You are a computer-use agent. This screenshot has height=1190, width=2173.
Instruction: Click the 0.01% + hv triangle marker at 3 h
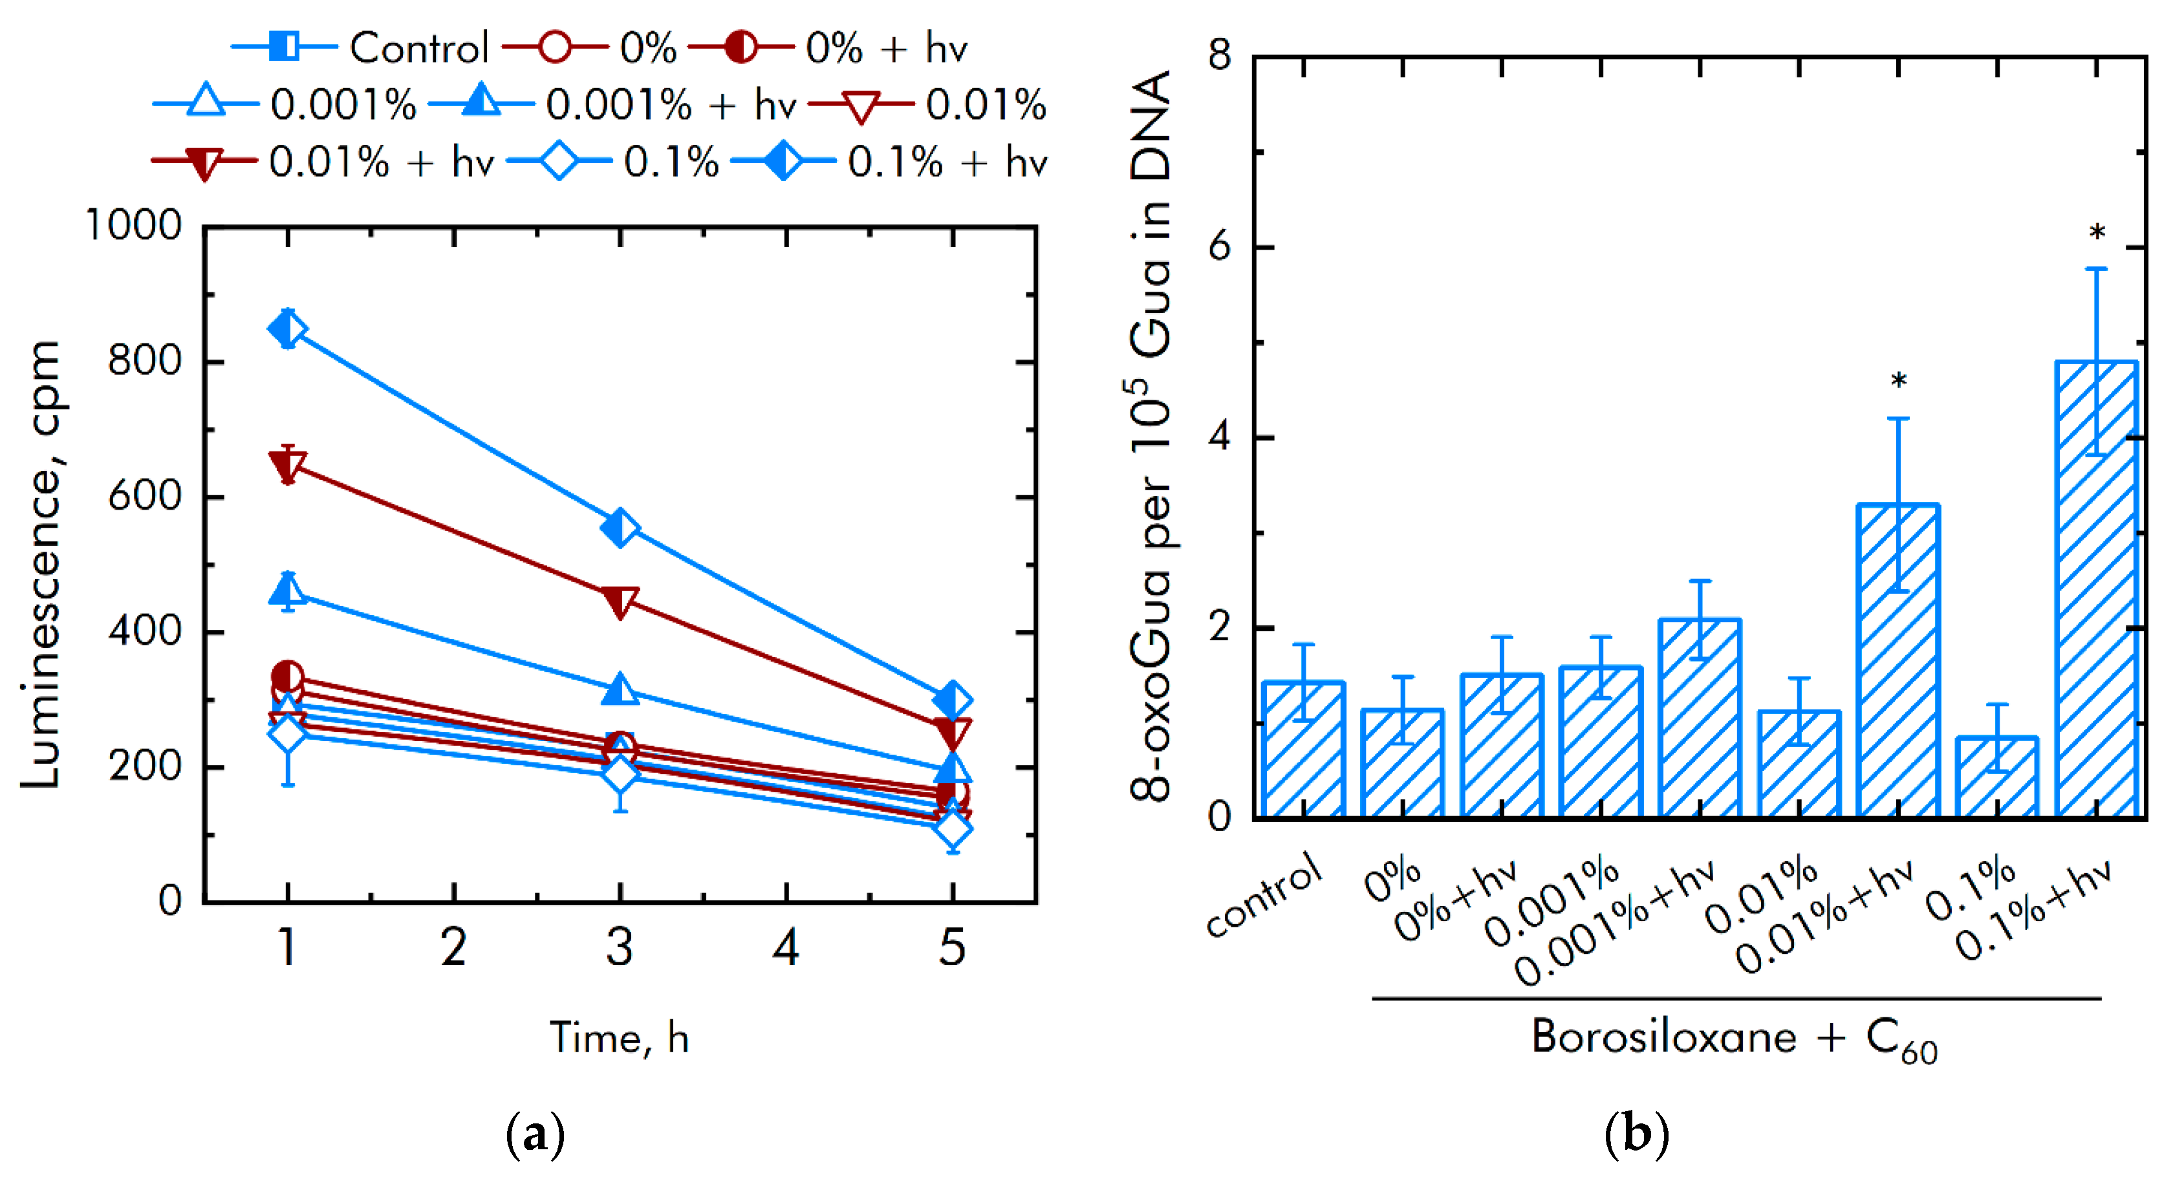point(620,602)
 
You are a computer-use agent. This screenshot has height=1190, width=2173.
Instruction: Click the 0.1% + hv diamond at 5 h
point(953,699)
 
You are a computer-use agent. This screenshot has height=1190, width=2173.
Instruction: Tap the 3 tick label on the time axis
point(620,948)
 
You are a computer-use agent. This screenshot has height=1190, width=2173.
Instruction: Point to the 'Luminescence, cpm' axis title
point(41,565)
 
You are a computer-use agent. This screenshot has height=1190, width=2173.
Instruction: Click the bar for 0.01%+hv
point(1898,662)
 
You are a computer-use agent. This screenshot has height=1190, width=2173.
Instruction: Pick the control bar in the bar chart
point(1303,751)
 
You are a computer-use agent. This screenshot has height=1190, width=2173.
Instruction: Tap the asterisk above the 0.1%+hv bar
point(2097,233)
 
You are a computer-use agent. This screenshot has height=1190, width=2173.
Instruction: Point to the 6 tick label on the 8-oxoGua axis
point(1219,247)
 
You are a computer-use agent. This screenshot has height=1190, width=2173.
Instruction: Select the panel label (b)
point(1636,1134)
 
